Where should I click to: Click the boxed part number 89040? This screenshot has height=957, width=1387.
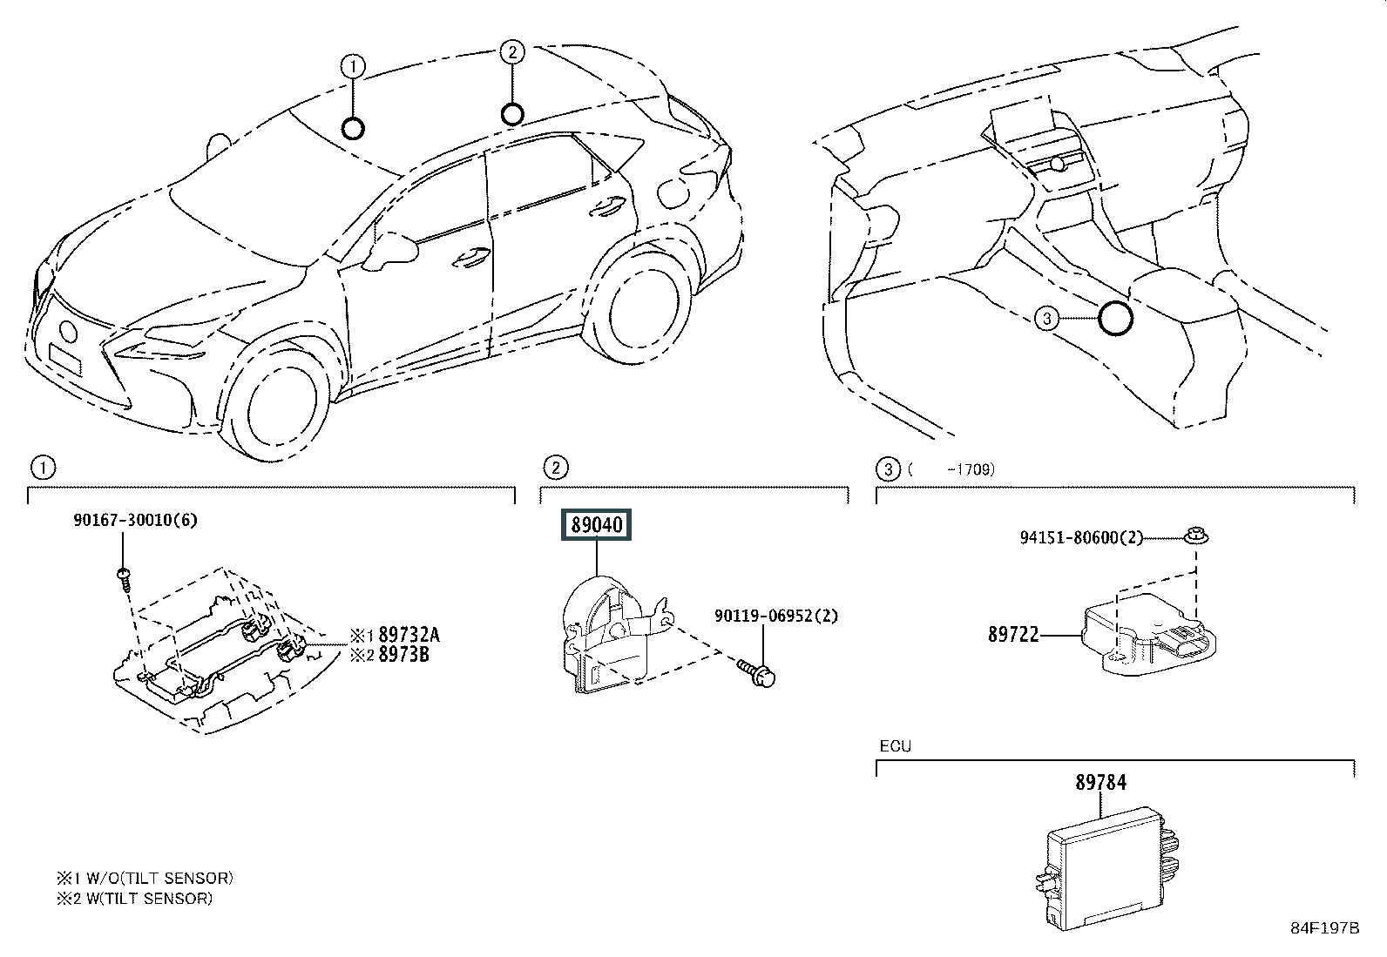(x=596, y=525)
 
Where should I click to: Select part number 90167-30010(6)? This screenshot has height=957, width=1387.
(x=136, y=520)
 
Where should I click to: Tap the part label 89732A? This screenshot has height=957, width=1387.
(x=409, y=635)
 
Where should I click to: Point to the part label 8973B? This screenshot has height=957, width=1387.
(x=403, y=654)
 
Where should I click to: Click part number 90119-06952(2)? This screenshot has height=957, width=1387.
(x=776, y=616)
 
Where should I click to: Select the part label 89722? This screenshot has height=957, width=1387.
(x=1013, y=635)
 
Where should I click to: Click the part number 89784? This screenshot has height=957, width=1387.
(x=1101, y=783)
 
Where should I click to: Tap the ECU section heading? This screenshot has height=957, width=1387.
(x=896, y=746)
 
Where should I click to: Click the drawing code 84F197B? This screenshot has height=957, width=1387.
(x=1325, y=928)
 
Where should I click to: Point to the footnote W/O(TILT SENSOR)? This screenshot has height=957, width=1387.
(x=159, y=879)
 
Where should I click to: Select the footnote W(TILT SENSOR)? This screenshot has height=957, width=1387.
(x=149, y=898)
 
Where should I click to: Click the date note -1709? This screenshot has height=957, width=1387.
(x=971, y=469)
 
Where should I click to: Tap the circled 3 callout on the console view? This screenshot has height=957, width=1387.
(x=1046, y=319)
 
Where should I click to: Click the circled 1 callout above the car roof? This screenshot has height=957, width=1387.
(x=353, y=66)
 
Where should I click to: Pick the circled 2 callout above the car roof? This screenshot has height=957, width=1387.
(x=512, y=52)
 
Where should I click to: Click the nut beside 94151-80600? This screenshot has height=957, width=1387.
(x=1196, y=536)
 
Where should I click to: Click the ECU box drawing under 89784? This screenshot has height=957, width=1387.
(x=1107, y=868)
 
